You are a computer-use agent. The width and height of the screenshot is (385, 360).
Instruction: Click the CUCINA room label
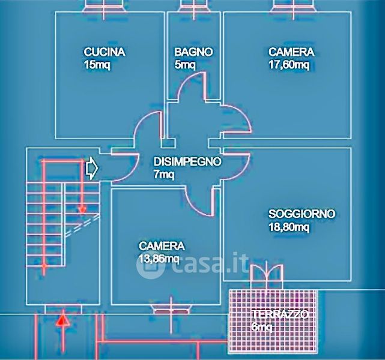coord(105,52)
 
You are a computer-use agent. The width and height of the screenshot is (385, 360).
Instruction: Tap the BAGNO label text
coord(193,52)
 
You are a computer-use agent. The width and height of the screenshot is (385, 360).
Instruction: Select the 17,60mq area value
coord(289,65)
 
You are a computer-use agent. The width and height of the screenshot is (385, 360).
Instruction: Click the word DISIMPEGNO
coord(187,161)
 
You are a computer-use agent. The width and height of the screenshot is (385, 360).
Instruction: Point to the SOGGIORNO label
coord(302,214)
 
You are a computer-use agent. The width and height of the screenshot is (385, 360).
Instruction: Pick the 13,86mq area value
coord(159,259)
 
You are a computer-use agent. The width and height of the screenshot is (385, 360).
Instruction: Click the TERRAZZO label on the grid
coord(280,314)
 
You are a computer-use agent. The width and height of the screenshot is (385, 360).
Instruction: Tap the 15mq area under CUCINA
coord(97,65)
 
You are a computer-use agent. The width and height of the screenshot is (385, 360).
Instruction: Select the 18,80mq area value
coord(289,227)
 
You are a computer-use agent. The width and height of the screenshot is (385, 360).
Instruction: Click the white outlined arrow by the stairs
coord(92,168)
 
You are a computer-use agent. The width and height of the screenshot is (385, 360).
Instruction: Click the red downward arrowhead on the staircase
coord(82,210)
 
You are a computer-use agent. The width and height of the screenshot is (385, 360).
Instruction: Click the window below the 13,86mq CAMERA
coord(171,311)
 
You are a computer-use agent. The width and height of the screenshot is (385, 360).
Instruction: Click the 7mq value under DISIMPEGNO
coord(164,175)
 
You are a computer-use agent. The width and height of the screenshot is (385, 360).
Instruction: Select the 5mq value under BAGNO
coord(185,65)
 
